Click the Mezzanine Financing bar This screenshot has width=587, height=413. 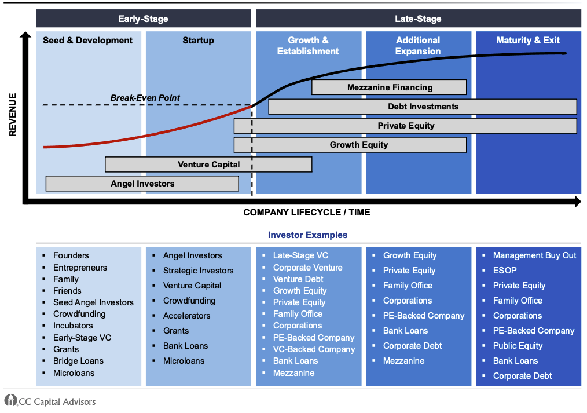coord(389,87)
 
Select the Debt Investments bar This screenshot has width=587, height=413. coord(423,107)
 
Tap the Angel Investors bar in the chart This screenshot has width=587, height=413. coord(142,184)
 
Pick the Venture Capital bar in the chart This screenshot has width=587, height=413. coord(208,165)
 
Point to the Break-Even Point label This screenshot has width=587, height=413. coord(145,98)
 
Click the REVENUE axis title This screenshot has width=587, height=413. coord(13,115)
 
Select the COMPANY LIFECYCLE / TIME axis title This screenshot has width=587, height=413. coord(306,213)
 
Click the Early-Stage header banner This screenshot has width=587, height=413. coord(143,19)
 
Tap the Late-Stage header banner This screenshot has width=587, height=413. coord(418,19)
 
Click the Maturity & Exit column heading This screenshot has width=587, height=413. coord(528,41)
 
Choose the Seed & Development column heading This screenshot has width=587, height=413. coord(88,41)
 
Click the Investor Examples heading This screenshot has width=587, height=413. coord(307,235)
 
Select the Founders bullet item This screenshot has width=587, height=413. coord(71,255)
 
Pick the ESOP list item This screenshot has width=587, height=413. coord(505,271)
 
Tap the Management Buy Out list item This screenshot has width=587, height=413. coord(534,255)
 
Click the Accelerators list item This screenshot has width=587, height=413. coord(186,316)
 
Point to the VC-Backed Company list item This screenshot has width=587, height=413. coord(314,349)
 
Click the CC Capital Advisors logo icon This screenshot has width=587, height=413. coord(10,400)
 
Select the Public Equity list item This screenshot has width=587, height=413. coord(518,346)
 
